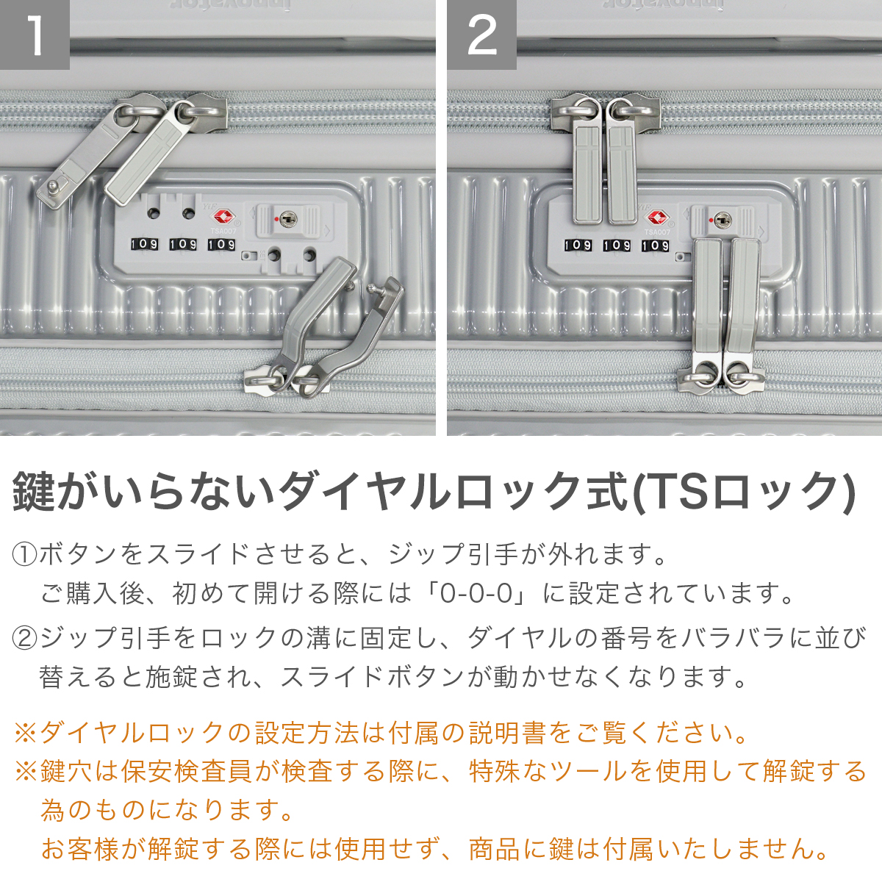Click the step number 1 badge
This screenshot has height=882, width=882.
coord(35,35)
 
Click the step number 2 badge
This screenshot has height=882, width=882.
coord(481,35)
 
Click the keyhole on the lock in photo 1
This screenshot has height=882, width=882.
coord(287,218)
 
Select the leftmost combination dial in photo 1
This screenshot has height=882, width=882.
coord(144,244)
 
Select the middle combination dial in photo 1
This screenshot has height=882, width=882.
coord(183,244)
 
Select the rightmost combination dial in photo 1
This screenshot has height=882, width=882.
coord(221,244)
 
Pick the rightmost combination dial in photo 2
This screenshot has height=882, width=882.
coord(655,245)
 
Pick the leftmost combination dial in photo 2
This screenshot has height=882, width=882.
coord(578,245)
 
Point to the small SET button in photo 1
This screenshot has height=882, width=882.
coord(247,257)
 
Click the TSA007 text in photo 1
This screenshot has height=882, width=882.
coord(223,232)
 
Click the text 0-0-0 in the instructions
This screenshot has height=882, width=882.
coord(476,592)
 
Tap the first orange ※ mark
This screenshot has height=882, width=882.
coord(25,732)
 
